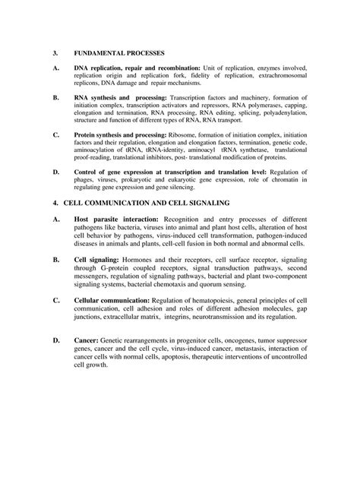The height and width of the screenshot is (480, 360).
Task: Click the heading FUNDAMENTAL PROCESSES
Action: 114,55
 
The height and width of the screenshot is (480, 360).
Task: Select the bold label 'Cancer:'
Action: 86,341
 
